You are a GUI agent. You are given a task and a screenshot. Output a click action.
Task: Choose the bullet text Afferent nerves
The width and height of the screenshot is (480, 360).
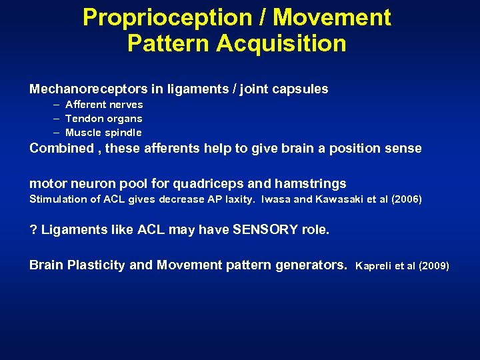pyautogui.click(x=104, y=105)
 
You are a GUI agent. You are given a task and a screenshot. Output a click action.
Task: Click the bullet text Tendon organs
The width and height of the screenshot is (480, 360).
pyautogui.click(x=103, y=119)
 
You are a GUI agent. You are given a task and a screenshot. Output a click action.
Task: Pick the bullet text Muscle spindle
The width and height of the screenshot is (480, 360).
pyautogui.click(x=103, y=133)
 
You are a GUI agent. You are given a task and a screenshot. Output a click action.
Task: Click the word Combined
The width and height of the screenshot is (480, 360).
pyautogui.click(x=61, y=148)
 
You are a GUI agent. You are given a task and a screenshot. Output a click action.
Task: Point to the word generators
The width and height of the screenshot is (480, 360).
pyautogui.click(x=311, y=265)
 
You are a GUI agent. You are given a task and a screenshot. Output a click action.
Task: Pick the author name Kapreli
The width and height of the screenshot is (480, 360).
pyautogui.click(x=375, y=266)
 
